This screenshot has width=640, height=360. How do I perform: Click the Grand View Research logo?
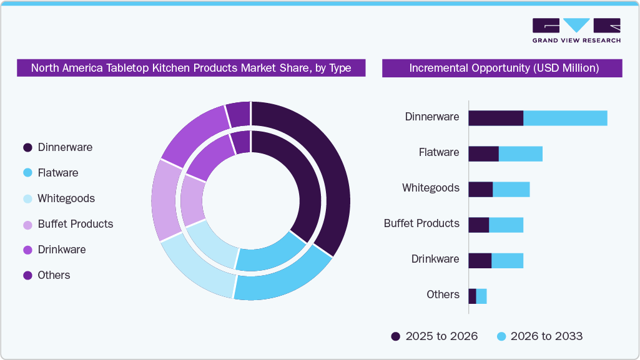(576, 30)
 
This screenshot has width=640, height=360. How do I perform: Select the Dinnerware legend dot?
(27, 148)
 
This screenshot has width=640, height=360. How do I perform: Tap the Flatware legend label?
(58, 173)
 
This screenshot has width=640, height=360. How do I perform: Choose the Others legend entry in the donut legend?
(54, 275)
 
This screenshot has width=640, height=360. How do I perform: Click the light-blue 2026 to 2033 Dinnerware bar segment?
(565, 118)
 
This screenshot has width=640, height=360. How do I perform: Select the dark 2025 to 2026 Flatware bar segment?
(483, 153)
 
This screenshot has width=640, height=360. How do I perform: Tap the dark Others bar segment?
(472, 296)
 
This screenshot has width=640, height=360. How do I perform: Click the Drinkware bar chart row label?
(435, 259)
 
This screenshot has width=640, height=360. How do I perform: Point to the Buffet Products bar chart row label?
(421, 223)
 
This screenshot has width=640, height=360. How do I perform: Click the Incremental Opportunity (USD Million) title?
(503, 68)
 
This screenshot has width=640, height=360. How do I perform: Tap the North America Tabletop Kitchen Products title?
(191, 68)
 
